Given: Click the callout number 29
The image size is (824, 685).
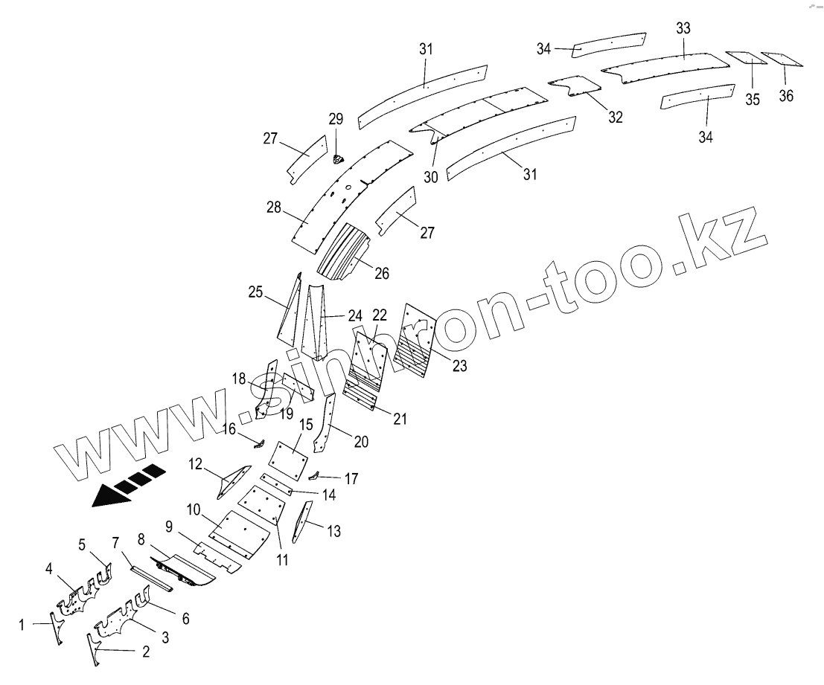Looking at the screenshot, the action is click(x=336, y=119).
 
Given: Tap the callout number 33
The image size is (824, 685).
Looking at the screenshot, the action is click(x=683, y=28).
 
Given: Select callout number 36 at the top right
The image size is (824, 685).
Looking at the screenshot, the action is click(x=787, y=96).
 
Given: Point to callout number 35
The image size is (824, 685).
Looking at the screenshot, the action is click(x=753, y=100).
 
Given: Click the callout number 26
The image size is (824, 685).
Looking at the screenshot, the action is click(x=382, y=273).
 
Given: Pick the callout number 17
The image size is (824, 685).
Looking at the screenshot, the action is click(x=351, y=479).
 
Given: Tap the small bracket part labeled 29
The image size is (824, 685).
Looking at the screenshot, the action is click(x=338, y=158).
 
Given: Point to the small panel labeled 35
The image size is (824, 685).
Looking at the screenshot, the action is click(x=742, y=58).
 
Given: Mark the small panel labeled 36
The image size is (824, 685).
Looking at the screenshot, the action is click(x=782, y=60).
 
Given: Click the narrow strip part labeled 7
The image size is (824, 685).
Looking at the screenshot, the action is click(x=152, y=577).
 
